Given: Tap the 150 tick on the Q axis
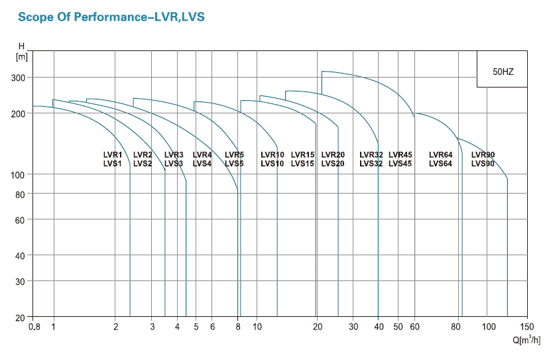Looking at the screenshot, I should pyautogui.click(x=527, y=327).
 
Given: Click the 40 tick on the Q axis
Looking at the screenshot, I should pyautogui.click(x=379, y=327).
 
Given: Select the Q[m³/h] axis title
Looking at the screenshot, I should pyautogui.click(x=526, y=341).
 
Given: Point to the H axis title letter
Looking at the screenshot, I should pyautogui.click(x=21, y=46).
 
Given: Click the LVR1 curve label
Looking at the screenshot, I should pyautogui.click(x=113, y=155).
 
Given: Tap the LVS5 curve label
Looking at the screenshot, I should pyautogui.click(x=234, y=164).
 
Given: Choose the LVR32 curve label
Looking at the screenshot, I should pyautogui.click(x=371, y=155).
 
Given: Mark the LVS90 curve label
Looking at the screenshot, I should pyautogui.click(x=483, y=164).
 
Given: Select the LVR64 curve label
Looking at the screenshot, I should pyautogui.click(x=440, y=155).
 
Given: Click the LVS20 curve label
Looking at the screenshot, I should pyautogui.click(x=333, y=164).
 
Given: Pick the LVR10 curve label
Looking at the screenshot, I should pyautogui.click(x=272, y=155).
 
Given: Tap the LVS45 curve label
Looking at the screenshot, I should pyautogui.click(x=400, y=164).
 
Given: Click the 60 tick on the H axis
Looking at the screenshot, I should pyautogui.click(x=19, y=219).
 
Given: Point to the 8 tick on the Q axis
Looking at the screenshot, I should pyautogui.click(x=237, y=327).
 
